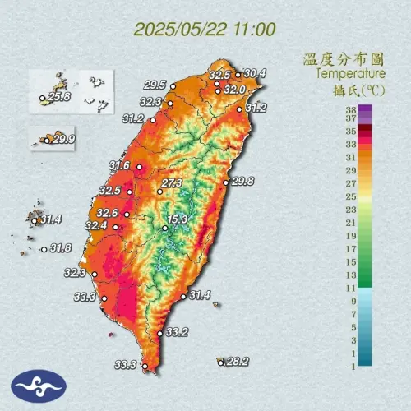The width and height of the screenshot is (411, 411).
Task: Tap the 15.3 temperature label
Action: [178, 219]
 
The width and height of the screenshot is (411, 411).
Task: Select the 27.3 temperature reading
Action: [172, 182]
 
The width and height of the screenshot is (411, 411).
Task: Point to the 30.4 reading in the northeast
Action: [255, 73]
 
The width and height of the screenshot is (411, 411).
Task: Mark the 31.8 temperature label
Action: [59, 247]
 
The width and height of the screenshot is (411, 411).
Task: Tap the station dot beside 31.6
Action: [139, 167]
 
